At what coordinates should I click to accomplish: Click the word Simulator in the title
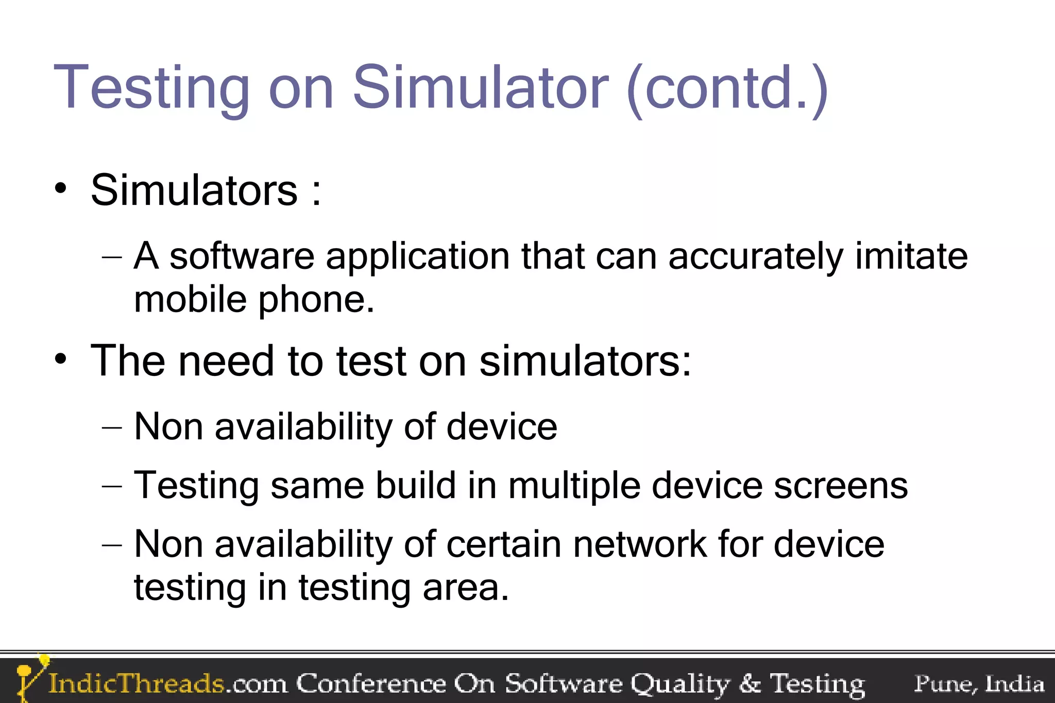pyautogui.click(x=480, y=88)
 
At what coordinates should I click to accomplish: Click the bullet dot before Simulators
pyautogui.click(x=61, y=188)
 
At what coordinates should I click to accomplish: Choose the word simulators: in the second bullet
pyautogui.click(x=585, y=361)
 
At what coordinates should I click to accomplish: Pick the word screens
pyautogui.click(x=841, y=486)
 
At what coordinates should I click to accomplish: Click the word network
pyautogui.click(x=640, y=544)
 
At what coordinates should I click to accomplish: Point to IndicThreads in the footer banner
pyautogui.click(x=136, y=684)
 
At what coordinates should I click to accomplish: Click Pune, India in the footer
pyautogui.click(x=979, y=684)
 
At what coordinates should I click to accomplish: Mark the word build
pyautogui.click(x=415, y=486)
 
